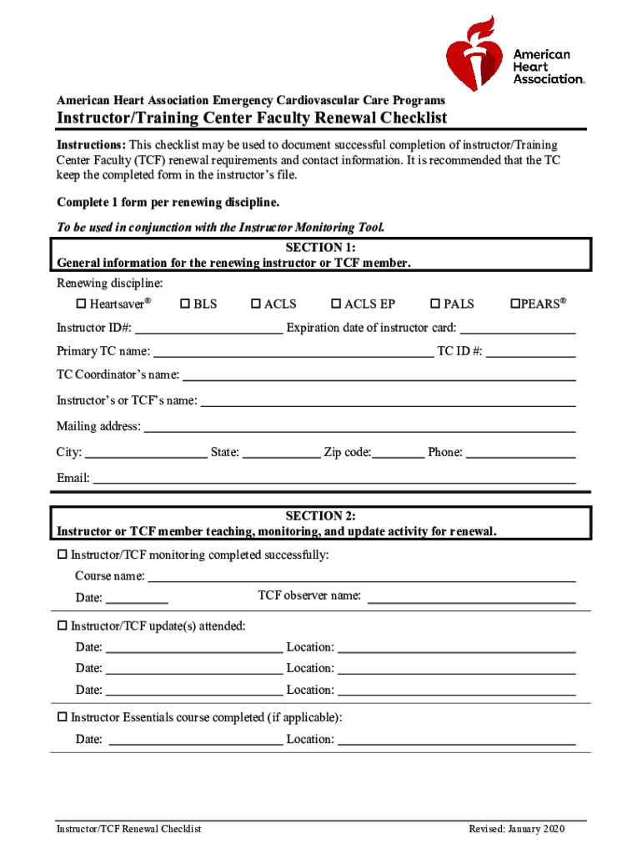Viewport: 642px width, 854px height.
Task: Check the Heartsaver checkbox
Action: pos(82,304)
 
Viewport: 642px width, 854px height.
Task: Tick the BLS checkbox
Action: pos(185,304)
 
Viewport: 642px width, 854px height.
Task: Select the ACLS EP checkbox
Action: pos(337,304)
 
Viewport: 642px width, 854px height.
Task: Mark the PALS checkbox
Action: pos(435,304)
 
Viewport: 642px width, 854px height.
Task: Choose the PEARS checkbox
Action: pos(515,304)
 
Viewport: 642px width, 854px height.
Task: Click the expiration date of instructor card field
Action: pos(518,329)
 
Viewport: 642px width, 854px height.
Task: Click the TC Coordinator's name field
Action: pos(379,377)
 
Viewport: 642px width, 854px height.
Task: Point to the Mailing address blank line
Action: pos(360,429)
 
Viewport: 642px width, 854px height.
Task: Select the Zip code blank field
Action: pos(399,455)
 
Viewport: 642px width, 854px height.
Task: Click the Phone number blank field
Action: pos(520,455)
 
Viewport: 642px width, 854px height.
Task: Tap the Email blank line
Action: pos(334,480)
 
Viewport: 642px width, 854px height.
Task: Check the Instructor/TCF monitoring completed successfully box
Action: pos(62,555)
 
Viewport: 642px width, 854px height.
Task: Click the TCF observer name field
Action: pos(471,598)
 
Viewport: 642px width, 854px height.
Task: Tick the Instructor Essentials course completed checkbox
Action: pos(62,717)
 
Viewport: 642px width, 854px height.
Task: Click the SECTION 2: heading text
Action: pos(321,516)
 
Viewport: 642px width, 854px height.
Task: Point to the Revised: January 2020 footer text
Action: pos(517,829)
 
